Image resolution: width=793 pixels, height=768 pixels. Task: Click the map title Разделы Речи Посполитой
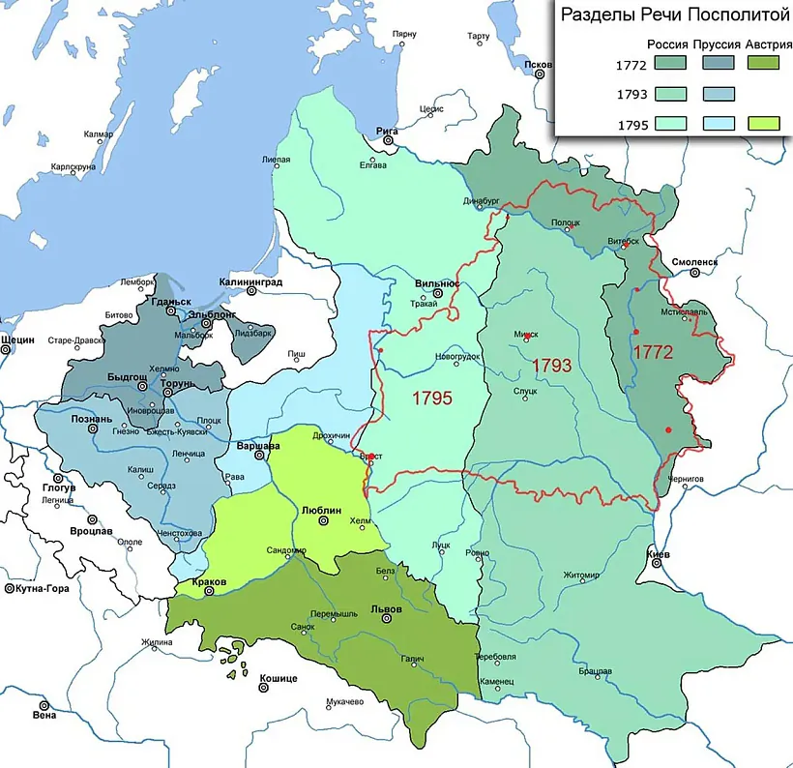coord(669,16)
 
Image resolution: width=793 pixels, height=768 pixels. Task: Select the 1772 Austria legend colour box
coord(764,64)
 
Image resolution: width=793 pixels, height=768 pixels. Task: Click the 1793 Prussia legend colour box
coord(717,94)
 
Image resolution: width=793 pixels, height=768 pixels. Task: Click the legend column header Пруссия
coord(717,44)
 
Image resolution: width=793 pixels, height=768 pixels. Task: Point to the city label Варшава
coord(258,446)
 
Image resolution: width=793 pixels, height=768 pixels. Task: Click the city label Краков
coord(210,581)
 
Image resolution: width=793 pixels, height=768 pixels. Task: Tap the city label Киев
coord(658,554)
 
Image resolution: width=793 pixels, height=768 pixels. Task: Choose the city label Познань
coord(92,419)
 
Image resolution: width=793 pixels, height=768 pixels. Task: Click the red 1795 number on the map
coord(431,398)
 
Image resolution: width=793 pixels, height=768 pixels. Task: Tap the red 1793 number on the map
coord(552,367)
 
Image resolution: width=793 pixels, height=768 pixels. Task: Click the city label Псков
coord(537,63)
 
